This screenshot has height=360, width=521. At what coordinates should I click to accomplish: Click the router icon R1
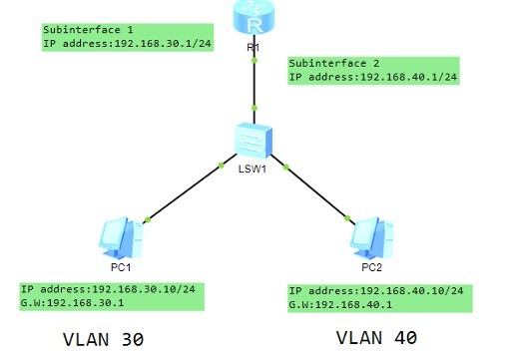[x=255, y=17]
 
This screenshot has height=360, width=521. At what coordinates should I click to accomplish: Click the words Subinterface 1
[x=88, y=31]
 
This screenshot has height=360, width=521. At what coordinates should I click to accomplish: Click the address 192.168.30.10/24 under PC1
[x=148, y=289]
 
